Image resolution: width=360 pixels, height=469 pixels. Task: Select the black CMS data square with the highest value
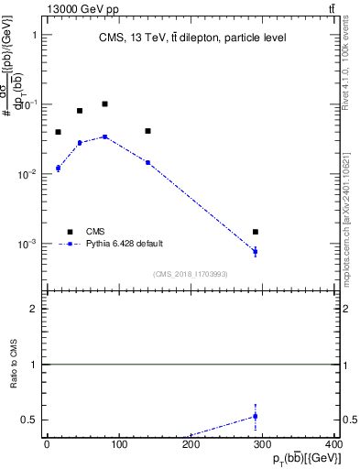tap(104, 104)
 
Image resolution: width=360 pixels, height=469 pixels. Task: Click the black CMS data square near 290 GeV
tap(256, 232)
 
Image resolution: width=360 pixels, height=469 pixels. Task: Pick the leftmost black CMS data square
tap(58, 132)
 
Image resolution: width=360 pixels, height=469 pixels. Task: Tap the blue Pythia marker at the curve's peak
tap(104, 136)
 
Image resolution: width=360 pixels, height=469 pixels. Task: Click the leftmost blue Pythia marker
tap(58, 168)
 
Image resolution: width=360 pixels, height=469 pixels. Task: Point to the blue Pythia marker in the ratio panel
tap(256, 416)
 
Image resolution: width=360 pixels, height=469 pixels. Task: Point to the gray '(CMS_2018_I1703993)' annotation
tap(191, 274)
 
